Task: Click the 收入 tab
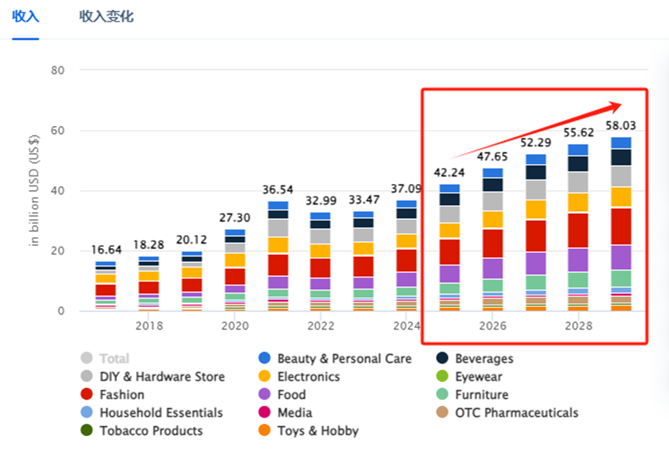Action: click(26, 16)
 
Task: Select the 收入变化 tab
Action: click(106, 16)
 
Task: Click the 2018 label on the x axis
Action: click(148, 326)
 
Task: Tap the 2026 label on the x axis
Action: click(493, 326)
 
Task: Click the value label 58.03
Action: click(621, 124)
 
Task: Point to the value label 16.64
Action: click(106, 250)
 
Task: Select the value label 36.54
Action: click(278, 189)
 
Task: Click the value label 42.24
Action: click(449, 172)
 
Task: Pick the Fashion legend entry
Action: click(121, 394)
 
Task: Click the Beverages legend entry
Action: click(483, 359)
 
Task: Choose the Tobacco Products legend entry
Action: click(151, 431)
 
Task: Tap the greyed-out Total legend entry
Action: click(114, 359)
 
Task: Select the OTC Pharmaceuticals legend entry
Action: click(516, 413)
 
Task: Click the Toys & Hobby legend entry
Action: click(317, 431)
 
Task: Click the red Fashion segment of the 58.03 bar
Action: click(621, 226)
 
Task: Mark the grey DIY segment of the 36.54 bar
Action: click(278, 228)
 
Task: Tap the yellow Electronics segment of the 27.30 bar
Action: click(235, 260)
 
